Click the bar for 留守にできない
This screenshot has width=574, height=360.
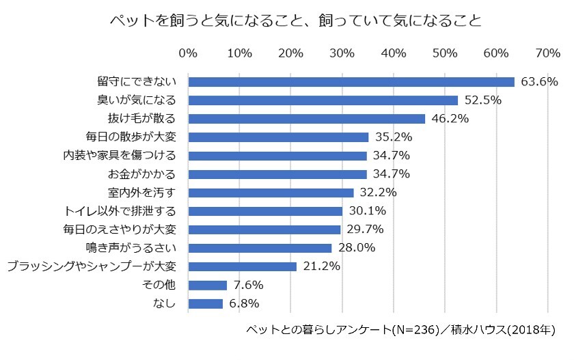(351, 82)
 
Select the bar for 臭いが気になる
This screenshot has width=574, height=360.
(323, 100)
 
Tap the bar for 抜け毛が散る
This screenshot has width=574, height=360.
(306, 119)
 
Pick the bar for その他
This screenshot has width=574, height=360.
(207, 285)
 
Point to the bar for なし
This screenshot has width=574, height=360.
(205, 303)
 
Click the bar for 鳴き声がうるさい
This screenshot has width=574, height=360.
(260, 248)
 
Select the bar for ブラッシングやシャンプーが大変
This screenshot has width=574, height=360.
(242, 266)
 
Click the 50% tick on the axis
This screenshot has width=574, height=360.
(445, 53)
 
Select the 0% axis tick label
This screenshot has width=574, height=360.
(188, 53)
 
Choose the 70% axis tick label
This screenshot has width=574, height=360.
(548, 53)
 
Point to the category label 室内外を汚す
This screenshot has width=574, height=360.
(146, 193)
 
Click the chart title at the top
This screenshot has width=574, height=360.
(295, 21)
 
